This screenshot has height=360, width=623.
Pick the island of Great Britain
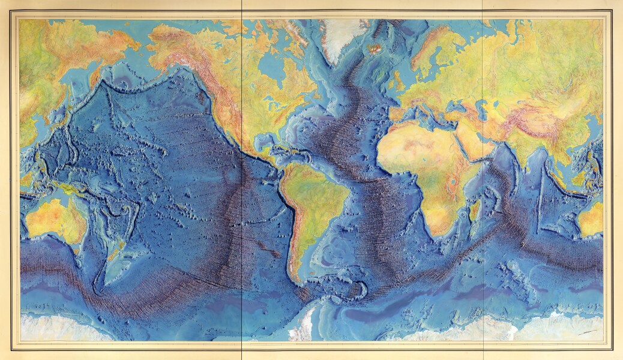click(397, 78)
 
